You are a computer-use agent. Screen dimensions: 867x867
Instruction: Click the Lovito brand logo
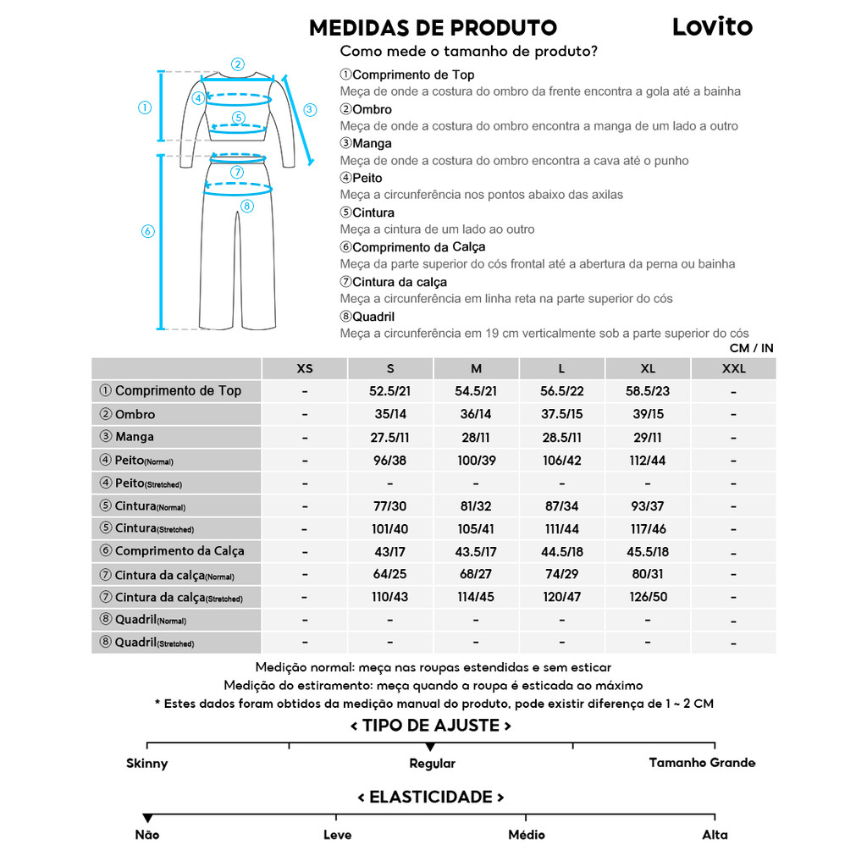click(x=711, y=26)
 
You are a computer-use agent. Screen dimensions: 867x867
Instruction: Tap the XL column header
click(x=648, y=368)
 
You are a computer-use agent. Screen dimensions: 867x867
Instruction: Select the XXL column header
click(x=733, y=368)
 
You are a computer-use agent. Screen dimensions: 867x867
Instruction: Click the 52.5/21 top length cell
click(x=390, y=391)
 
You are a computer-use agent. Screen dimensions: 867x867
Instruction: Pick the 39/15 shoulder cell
click(x=648, y=414)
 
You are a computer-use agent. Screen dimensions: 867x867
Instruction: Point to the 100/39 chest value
click(x=476, y=460)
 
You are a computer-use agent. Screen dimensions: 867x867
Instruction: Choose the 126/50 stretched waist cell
click(x=648, y=597)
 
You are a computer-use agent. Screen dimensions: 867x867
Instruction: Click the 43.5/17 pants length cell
click(x=476, y=551)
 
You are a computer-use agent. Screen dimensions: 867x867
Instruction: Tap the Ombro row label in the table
click(x=135, y=414)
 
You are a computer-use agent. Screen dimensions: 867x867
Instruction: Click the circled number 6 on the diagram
click(x=147, y=231)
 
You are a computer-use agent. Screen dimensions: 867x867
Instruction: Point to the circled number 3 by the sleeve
click(x=310, y=109)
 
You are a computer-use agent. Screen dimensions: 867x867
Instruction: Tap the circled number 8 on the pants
click(x=246, y=206)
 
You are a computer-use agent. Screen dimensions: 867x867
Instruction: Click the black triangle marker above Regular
click(x=430, y=747)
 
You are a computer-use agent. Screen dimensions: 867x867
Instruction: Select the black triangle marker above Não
click(x=147, y=818)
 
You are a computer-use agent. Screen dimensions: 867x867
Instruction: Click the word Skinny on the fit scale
click(x=147, y=763)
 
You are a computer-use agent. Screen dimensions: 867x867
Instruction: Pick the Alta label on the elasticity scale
click(x=715, y=835)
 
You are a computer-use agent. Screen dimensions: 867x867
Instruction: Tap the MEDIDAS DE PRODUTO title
click(x=433, y=28)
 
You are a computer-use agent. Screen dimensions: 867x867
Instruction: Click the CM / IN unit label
click(x=751, y=348)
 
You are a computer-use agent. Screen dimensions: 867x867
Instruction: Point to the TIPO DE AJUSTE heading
click(x=431, y=726)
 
